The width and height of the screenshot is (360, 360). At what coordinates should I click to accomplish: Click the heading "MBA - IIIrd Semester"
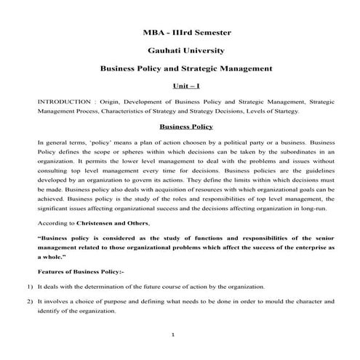180,33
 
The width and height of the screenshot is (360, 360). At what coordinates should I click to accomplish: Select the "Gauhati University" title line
180,51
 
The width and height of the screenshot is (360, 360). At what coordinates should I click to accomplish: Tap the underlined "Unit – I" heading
180,87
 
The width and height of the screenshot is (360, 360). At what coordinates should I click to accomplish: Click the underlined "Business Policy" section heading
180,126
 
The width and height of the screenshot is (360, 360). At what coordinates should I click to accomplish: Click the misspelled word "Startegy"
295,111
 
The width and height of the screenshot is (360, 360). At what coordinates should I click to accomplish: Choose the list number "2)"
23,301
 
